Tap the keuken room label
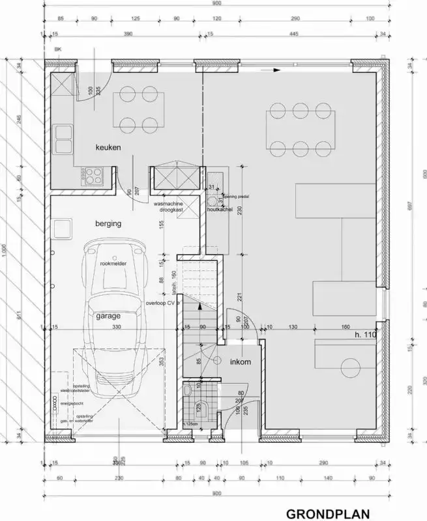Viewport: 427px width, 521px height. click(x=108, y=148)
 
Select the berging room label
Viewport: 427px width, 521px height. click(x=108, y=223)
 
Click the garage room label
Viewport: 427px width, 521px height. click(x=108, y=315)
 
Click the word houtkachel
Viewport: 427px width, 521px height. click(x=220, y=211)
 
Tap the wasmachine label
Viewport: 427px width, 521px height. click(x=168, y=204)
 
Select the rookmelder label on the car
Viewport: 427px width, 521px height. click(x=113, y=263)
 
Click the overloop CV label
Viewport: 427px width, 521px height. click(x=162, y=303)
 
